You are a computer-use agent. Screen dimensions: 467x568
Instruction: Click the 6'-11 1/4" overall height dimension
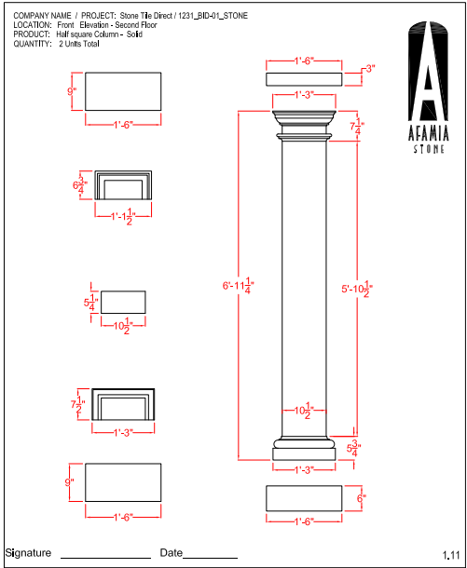(x=239, y=286)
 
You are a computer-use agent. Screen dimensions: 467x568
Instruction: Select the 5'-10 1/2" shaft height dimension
(x=357, y=289)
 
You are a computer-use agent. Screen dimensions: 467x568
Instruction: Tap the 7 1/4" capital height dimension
(x=357, y=127)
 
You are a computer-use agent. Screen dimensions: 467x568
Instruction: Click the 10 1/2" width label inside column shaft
(x=304, y=411)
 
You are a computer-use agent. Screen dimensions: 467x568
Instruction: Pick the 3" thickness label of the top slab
(x=370, y=69)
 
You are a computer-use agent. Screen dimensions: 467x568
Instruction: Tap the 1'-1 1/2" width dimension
(x=123, y=217)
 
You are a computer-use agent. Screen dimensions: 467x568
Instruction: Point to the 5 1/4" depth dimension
(x=90, y=302)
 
